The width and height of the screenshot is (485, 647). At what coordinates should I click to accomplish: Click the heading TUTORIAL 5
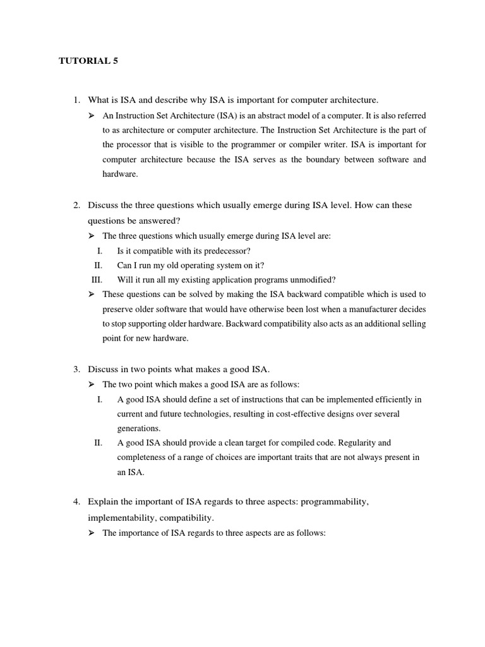[x=88, y=61]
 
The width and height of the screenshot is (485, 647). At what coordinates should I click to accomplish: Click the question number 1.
[x=76, y=100]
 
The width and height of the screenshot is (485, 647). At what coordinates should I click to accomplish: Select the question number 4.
[x=76, y=502]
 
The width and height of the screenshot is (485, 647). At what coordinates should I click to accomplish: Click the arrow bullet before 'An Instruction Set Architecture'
[x=91, y=116]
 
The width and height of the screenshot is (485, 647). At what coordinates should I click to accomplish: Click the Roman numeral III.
[x=97, y=279]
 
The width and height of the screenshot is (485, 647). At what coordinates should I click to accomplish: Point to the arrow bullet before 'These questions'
[x=91, y=294]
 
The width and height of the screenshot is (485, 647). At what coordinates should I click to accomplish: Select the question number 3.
[x=76, y=368]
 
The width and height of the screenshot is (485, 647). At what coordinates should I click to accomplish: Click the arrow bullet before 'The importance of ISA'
[x=91, y=533]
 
